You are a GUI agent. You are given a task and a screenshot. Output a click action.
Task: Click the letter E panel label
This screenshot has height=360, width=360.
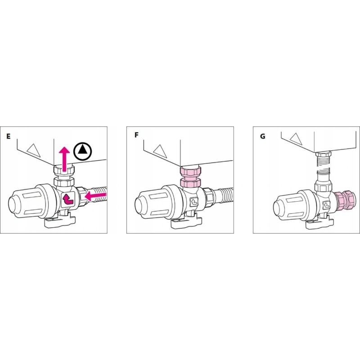pyautogui.click(x=9, y=136)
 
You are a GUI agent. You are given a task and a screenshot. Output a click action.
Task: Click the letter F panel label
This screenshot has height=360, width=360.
pyautogui.click(x=136, y=135)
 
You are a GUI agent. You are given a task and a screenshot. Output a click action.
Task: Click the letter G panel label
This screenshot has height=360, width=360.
pyautogui.click(x=263, y=136)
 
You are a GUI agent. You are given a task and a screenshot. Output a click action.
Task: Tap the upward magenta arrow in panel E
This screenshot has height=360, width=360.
pyautogui.click(x=64, y=159)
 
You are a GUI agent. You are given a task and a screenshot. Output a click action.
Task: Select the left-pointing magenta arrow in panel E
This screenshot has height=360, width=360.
pyautogui.click(x=95, y=196)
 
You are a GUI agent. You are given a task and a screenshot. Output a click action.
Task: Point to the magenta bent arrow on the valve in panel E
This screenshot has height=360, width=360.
pyautogui.click(x=68, y=199)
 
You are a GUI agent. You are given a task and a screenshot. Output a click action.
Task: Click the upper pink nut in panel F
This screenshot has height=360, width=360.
pyautogui.click(x=190, y=171)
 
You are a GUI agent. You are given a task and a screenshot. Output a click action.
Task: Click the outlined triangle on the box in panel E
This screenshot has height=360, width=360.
pyautogui.click(x=33, y=151)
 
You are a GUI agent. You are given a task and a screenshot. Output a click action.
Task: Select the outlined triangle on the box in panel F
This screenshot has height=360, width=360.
pyautogui.click(x=160, y=151)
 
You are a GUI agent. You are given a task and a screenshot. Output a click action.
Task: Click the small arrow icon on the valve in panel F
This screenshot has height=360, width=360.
pyautogui.click(x=194, y=202)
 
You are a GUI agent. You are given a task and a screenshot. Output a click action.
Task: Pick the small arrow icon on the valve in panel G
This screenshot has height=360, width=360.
pyautogui.click(x=326, y=205)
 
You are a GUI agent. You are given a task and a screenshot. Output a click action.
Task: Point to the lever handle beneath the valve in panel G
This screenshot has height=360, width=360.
pyautogui.click(x=319, y=222)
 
